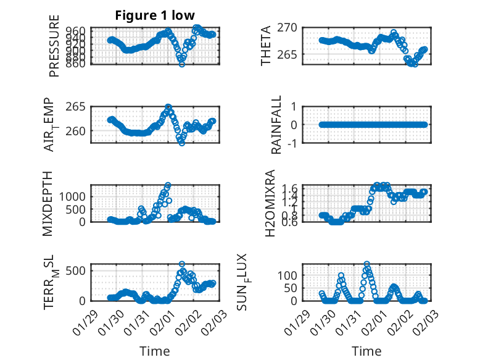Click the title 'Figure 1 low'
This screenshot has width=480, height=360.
(155, 15)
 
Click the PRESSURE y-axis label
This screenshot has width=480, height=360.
(54, 51)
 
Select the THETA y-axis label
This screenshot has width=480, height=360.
(266, 46)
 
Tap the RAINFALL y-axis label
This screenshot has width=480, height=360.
(277, 125)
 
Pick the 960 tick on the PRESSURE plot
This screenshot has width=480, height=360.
(79, 29)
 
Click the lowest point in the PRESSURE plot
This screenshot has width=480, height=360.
(181, 64)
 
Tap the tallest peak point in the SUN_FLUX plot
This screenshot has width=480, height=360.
(367, 264)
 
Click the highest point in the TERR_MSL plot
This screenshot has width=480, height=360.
(182, 264)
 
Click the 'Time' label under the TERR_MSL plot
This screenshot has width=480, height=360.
(155, 351)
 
